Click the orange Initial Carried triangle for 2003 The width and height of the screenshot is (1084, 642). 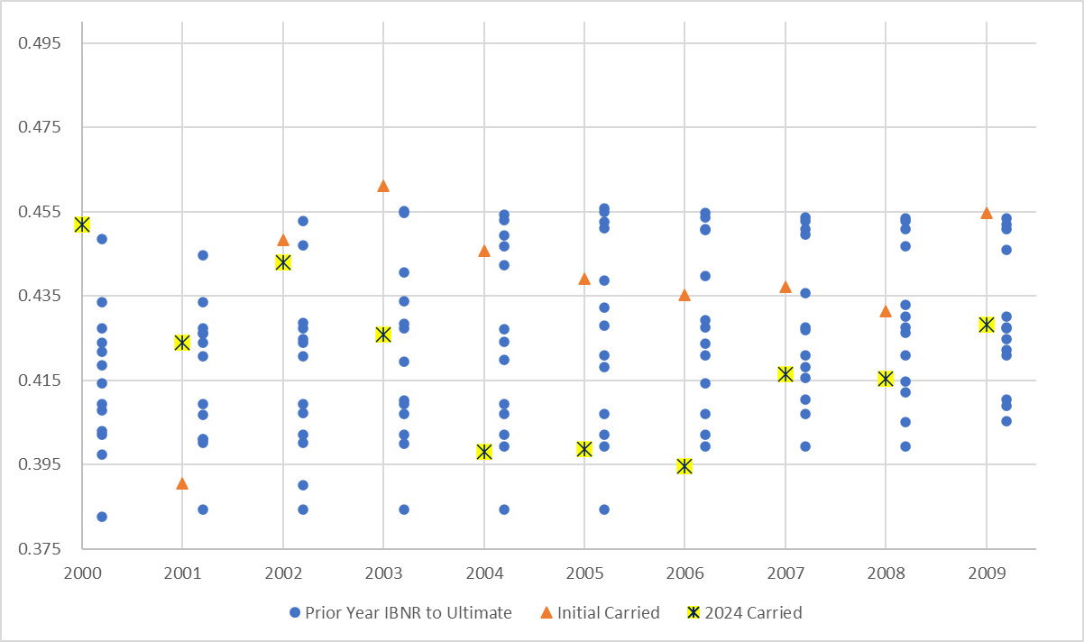click(383, 186)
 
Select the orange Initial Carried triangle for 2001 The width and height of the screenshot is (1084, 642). click(182, 483)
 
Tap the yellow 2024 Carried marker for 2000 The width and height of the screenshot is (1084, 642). click(82, 225)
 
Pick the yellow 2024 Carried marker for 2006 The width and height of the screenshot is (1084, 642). click(684, 466)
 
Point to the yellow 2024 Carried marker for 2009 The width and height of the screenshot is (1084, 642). click(986, 325)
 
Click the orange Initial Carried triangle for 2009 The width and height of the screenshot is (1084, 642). click(986, 213)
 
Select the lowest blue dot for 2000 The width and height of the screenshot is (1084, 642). click(102, 517)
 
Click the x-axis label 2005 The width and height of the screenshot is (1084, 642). click(583, 571)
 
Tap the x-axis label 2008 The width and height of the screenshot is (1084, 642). click(885, 571)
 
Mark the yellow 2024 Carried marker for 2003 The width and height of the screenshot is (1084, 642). click(383, 335)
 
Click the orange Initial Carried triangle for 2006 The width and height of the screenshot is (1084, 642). click(684, 295)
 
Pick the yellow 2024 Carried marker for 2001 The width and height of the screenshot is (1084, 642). click(182, 343)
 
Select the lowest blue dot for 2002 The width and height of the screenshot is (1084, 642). click(303, 509)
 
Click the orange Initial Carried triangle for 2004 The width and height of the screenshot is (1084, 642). click(484, 251)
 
